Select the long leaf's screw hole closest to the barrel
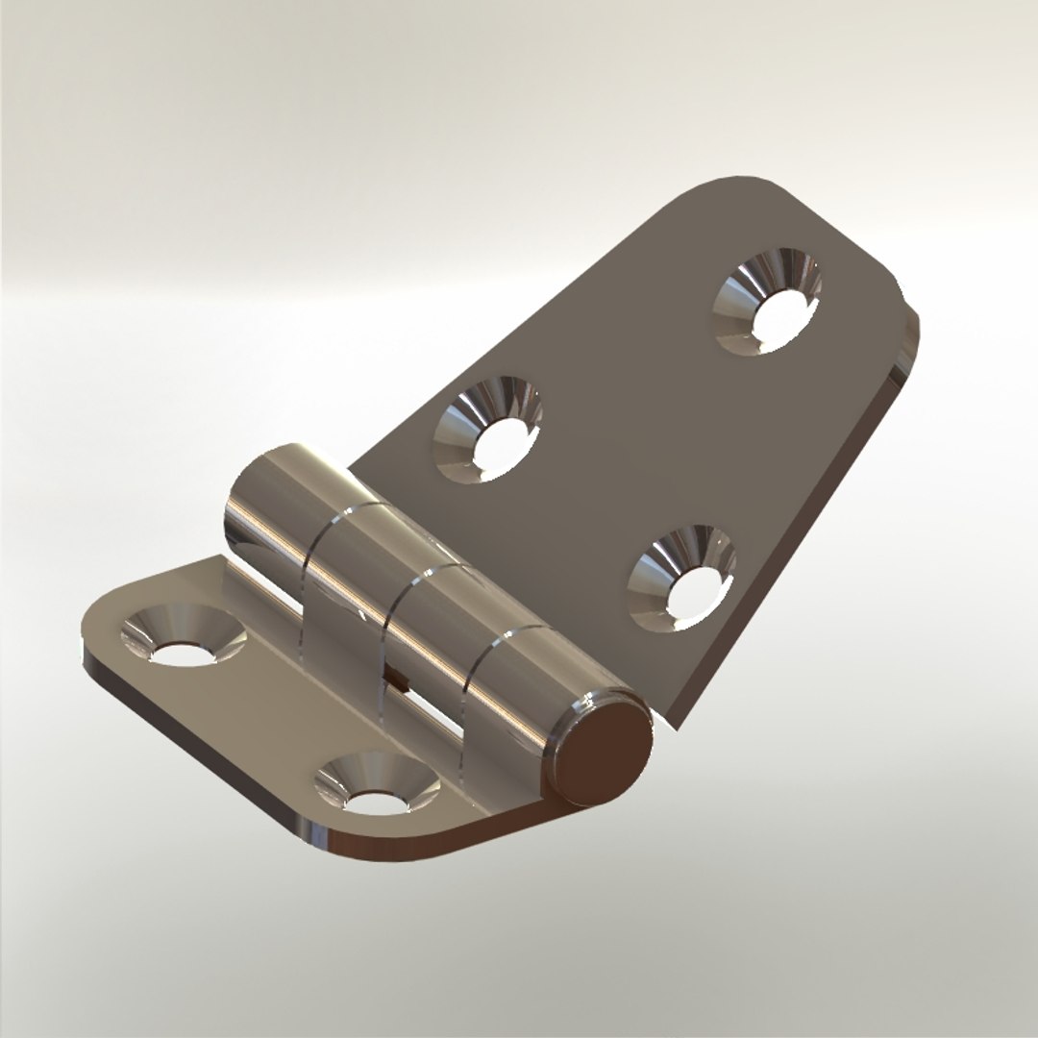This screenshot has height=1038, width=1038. click(x=488, y=431)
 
